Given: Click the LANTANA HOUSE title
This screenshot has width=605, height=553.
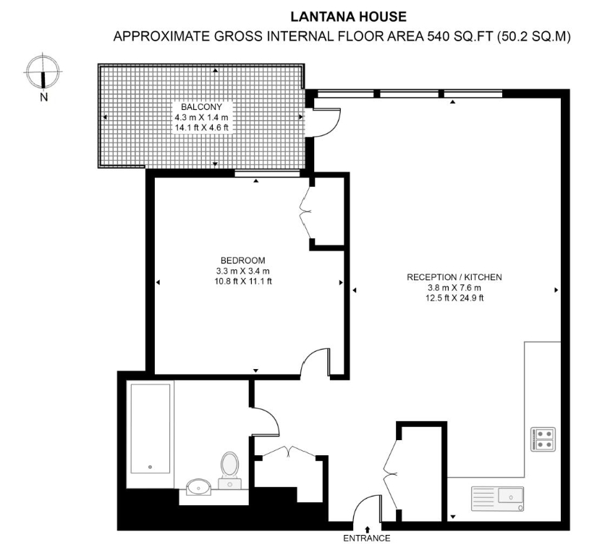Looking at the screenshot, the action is pyautogui.click(x=348, y=17).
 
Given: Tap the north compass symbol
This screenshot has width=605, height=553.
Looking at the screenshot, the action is pyautogui.click(x=43, y=72).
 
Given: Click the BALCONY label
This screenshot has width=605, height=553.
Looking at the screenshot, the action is pyautogui.click(x=201, y=107).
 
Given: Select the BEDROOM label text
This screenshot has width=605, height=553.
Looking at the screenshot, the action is pyautogui.click(x=242, y=261).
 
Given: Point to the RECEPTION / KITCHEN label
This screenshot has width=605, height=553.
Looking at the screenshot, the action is pyautogui.click(x=454, y=277).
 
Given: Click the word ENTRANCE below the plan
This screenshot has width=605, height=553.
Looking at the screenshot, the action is pyautogui.click(x=367, y=538).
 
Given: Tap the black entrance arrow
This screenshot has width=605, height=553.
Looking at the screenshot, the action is pyautogui.click(x=367, y=529).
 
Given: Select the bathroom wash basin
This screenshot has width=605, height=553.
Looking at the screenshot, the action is pyautogui.click(x=198, y=487).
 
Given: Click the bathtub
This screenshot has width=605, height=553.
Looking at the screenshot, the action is pyautogui.click(x=150, y=429).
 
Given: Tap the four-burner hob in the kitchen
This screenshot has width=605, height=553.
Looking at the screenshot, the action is pyautogui.click(x=543, y=439).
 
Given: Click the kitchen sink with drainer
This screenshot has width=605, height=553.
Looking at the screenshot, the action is pyautogui.click(x=497, y=499).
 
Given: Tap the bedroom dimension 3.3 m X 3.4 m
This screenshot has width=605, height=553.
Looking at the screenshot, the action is pyautogui.click(x=242, y=271).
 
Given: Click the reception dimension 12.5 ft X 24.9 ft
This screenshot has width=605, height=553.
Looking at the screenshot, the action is pyautogui.click(x=454, y=298).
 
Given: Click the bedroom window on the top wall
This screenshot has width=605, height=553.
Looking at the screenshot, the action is pyautogui.click(x=267, y=174).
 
